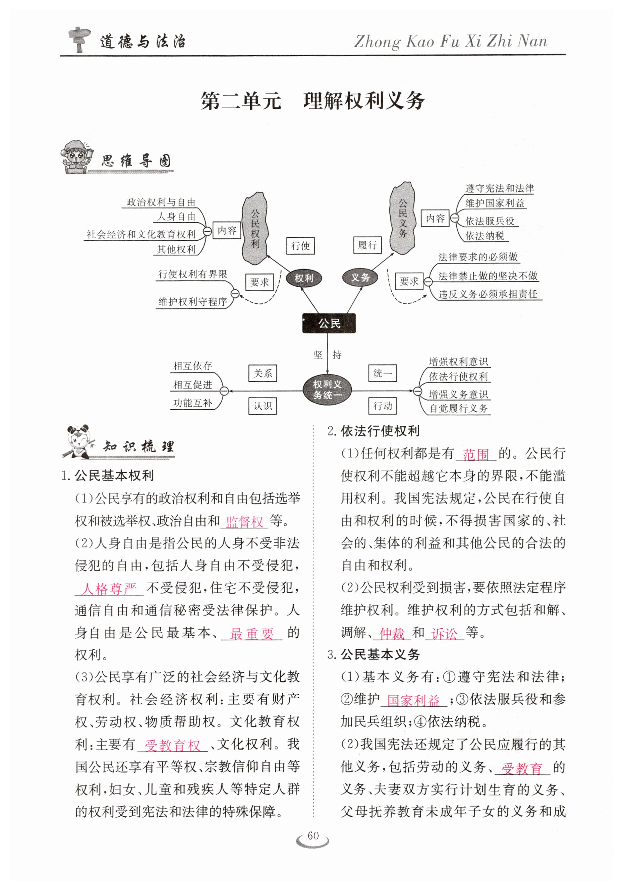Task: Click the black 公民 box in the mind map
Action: pyautogui.click(x=328, y=323)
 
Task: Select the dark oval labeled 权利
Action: pyautogui.click(x=303, y=278)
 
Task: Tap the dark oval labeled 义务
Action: pyautogui.click(x=360, y=277)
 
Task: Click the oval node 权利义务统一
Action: pyautogui.click(x=327, y=389)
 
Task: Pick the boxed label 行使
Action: pyautogui.click(x=300, y=245)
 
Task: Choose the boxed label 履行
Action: pyautogui.click(x=367, y=245)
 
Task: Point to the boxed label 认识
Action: pyautogui.click(x=263, y=406)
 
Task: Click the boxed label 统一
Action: pyautogui.click(x=382, y=373)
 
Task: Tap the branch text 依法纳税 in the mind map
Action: pyautogui.click(x=484, y=236)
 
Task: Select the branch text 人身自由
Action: pyautogui.click(x=176, y=217)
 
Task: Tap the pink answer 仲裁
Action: pyautogui.click(x=392, y=633)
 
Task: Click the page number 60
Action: pyautogui.click(x=313, y=835)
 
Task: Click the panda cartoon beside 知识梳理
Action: pyautogui.click(x=80, y=441)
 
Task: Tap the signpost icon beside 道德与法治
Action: pyautogui.click(x=79, y=39)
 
